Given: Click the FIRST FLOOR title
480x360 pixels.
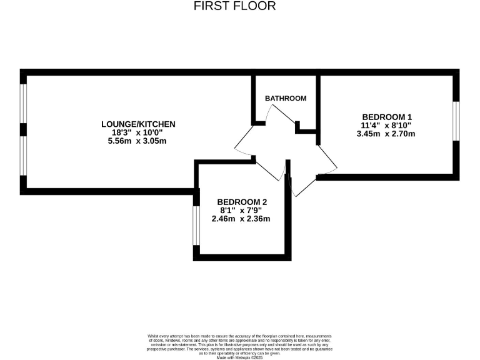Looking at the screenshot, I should click(234, 6).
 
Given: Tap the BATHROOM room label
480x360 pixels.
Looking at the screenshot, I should click(286, 98).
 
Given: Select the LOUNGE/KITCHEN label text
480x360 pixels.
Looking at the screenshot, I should click(138, 124).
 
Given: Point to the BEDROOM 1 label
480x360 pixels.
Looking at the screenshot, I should click(387, 117).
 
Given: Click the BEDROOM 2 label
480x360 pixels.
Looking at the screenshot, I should click(242, 201).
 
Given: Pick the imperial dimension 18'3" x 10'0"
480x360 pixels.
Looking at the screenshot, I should click(138, 132).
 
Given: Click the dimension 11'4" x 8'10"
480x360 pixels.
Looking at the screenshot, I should click(387, 125).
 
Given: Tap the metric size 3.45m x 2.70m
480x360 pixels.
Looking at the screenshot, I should click(387, 134).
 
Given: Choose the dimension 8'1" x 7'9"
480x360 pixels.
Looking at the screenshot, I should click(242, 210).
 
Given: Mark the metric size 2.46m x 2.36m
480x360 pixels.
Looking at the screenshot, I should click(242, 219).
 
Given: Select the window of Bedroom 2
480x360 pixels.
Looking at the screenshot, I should click(196, 225).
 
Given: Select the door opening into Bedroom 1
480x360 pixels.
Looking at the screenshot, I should click(326, 159).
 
